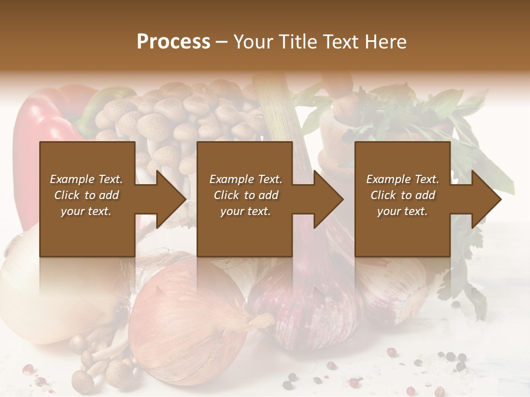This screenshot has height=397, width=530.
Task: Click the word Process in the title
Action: pyautogui.click(x=173, y=42)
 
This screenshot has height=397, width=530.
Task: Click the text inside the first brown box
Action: pyautogui.click(x=86, y=195)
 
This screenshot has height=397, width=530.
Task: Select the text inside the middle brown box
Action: pyautogui.click(x=245, y=195)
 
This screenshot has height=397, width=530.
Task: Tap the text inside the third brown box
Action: pyautogui.click(x=402, y=195)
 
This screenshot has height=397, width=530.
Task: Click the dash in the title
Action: pyautogui.click(x=221, y=42)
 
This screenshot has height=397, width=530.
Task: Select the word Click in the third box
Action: pyautogui.click(x=383, y=195)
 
